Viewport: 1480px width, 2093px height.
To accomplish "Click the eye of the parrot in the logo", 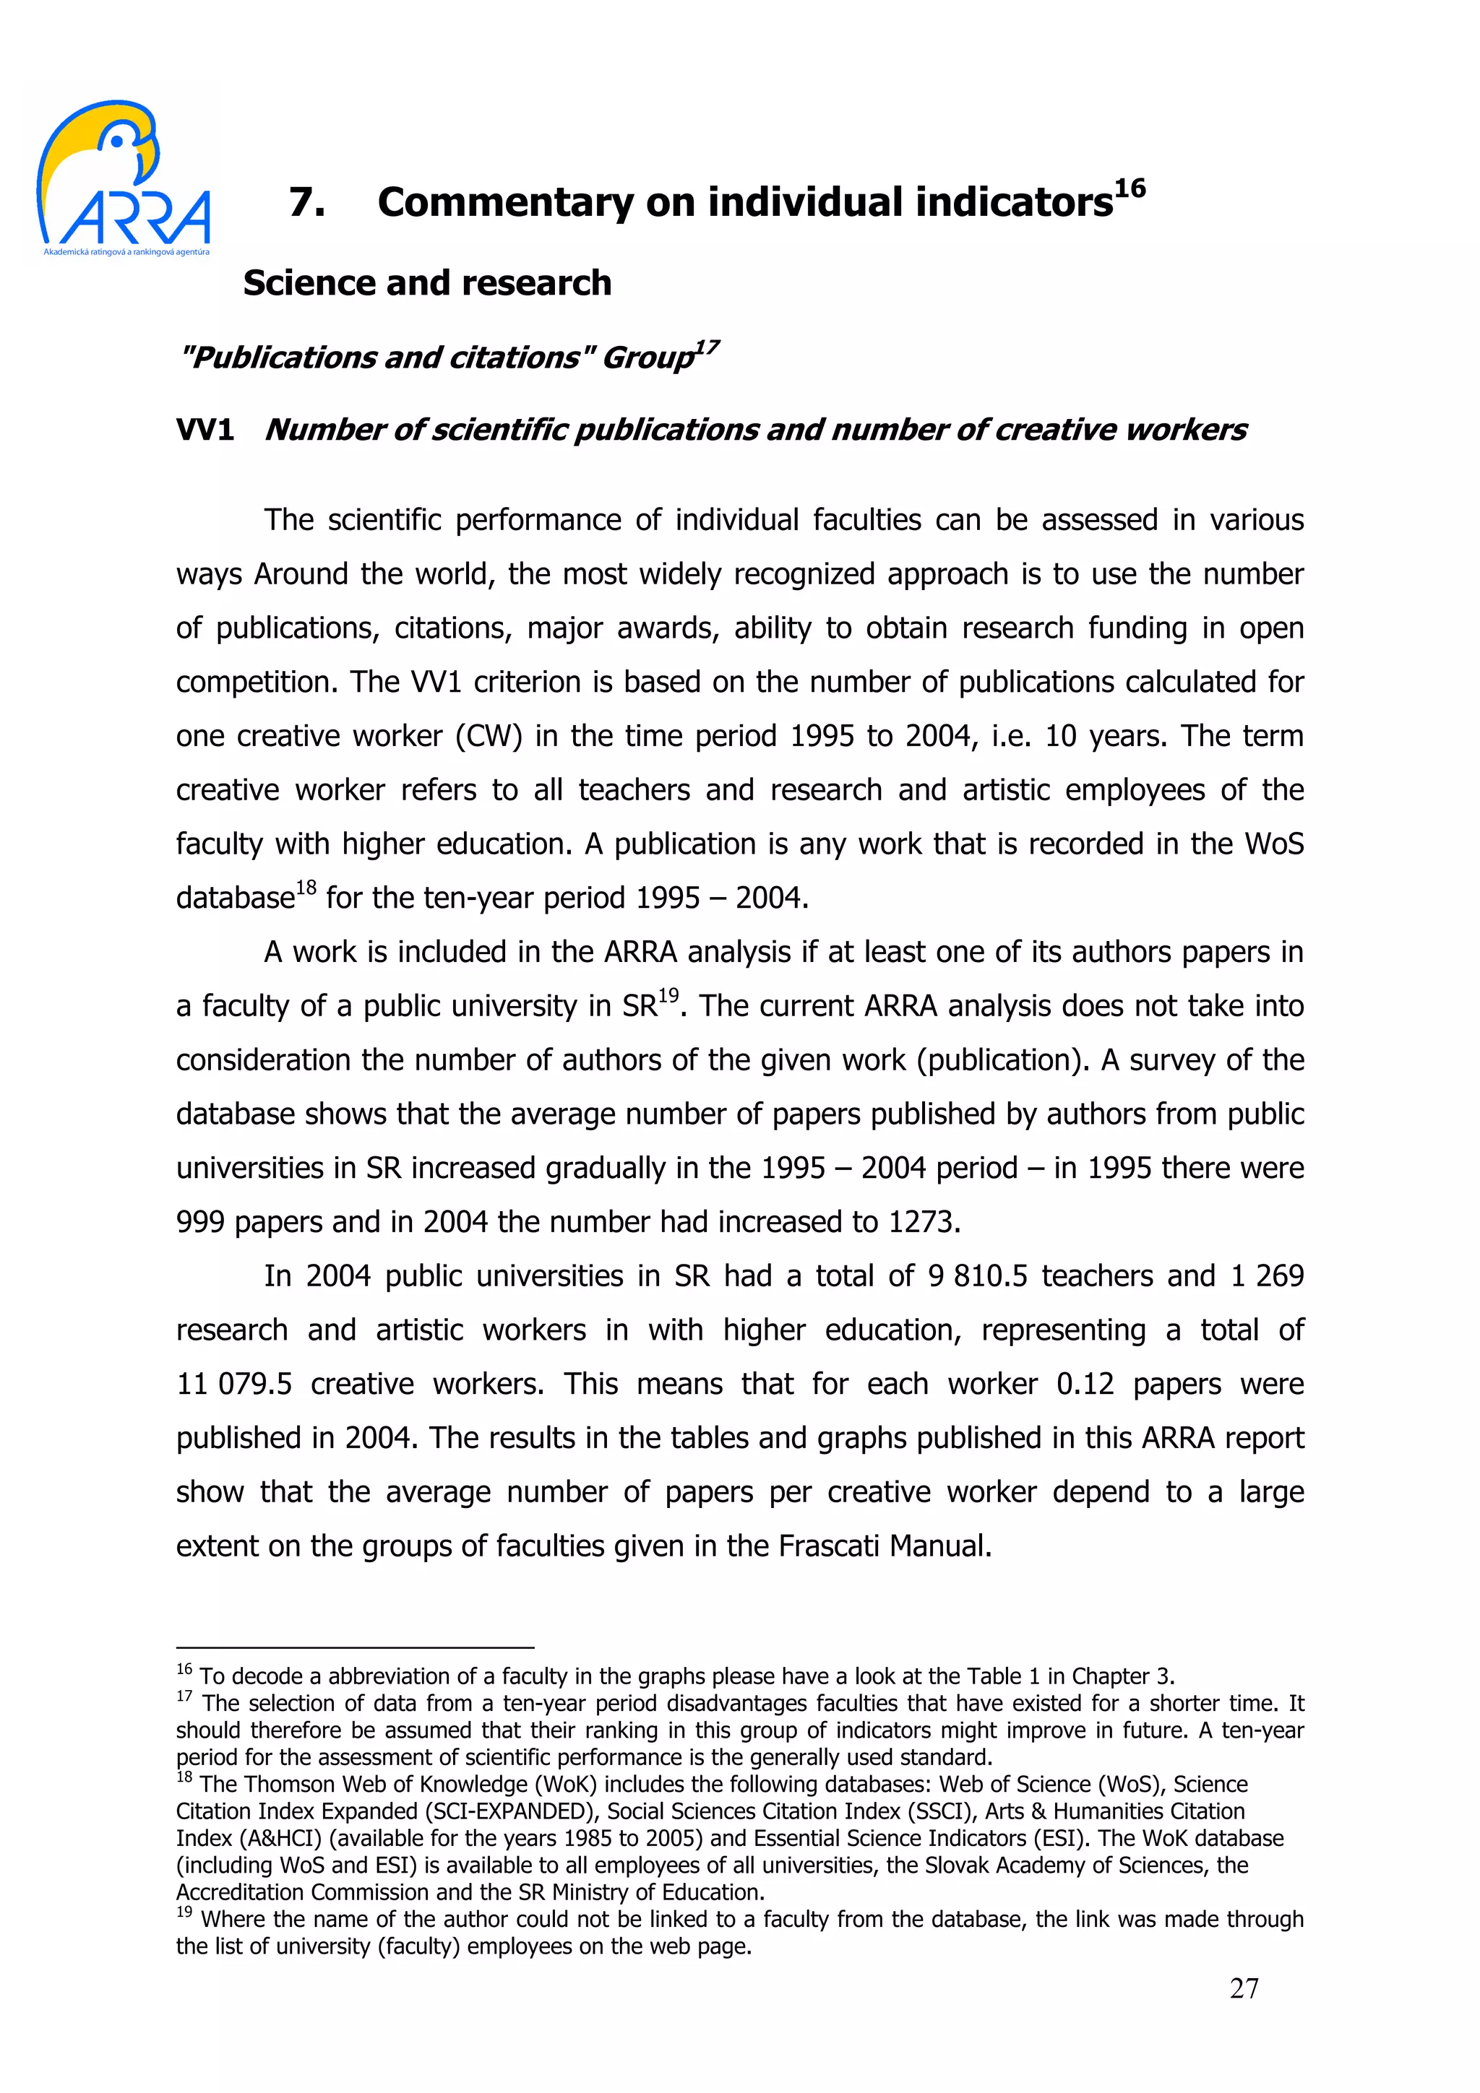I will click(x=117, y=140).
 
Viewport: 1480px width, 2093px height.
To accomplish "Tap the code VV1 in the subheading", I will click(x=205, y=429).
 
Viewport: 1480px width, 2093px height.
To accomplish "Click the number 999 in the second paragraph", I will click(x=201, y=1221).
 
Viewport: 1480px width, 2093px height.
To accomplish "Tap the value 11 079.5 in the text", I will click(x=234, y=1384).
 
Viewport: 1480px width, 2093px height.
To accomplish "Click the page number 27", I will click(x=1244, y=1988).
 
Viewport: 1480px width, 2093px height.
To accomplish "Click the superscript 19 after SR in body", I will click(x=668, y=995).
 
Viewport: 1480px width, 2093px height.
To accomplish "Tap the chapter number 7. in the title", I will click(x=307, y=202).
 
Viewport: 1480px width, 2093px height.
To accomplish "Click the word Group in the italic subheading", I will click(x=648, y=357).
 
